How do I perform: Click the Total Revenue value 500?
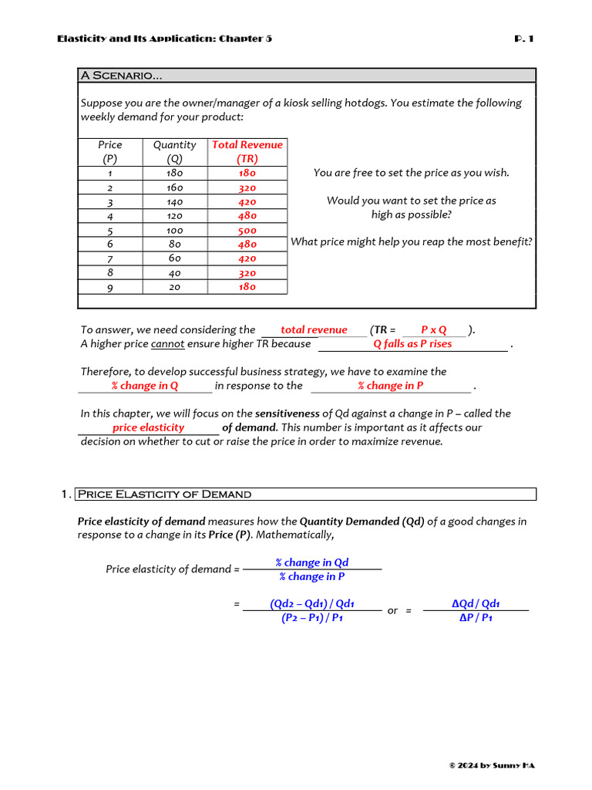pyautogui.click(x=247, y=230)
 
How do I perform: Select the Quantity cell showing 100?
pyautogui.click(x=175, y=230)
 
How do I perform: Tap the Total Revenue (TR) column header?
pyautogui.click(x=247, y=151)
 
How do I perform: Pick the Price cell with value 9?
pyautogui.click(x=110, y=287)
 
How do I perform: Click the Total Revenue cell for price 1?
pyautogui.click(x=247, y=174)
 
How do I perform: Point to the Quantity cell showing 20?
pyautogui.click(x=175, y=287)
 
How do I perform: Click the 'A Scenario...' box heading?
pyautogui.click(x=121, y=76)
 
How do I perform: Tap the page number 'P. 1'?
pyautogui.click(x=523, y=39)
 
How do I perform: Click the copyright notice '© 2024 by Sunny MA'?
pyautogui.click(x=491, y=765)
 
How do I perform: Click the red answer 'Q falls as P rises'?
pyautogui.click(x=412, y=344)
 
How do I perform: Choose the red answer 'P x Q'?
pyautogui.click(x=434, y=330)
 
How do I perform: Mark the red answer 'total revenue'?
pyautogui.click(x=314, y=330)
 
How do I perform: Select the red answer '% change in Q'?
pyautogui.click(x=145, y=386)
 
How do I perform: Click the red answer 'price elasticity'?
pyautogui.click(x=149, y=427)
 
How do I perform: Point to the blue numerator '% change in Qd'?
pyautogui.click(x=312, y=562)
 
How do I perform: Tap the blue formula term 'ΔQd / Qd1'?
pyautogui.click(x=476, y=604)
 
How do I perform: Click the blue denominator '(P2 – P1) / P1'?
pyautogui.click(x=312, y=618)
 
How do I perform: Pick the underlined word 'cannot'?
pyautogui.click(x=167, y=344)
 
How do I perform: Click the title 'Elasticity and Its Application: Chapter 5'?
pyautogui.click(x=164, y=39)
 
